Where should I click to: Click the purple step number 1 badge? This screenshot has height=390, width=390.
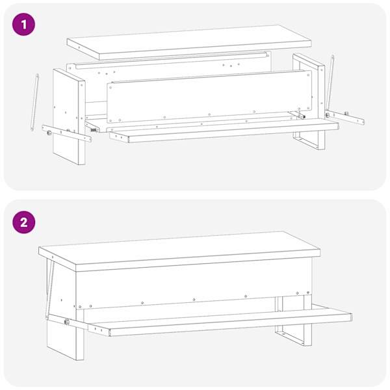24,25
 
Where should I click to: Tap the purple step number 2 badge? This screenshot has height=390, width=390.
24,222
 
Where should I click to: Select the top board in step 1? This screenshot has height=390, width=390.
189,42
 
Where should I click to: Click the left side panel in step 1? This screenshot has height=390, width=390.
69,117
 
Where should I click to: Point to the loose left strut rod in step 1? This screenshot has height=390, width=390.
34,102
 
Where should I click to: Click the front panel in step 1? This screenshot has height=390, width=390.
209,96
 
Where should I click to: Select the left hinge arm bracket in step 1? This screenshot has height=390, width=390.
66,133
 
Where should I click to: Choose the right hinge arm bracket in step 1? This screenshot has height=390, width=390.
344,117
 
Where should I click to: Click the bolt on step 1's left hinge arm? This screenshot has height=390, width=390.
49,133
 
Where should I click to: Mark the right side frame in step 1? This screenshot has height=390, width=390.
309,101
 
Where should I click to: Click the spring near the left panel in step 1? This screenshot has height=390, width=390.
94,130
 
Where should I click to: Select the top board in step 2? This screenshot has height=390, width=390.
179,251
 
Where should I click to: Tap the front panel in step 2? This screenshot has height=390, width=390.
194,283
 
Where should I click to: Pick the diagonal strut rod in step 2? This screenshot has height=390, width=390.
50,289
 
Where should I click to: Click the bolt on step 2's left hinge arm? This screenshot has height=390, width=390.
67,322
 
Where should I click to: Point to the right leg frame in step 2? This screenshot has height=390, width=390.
294,321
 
